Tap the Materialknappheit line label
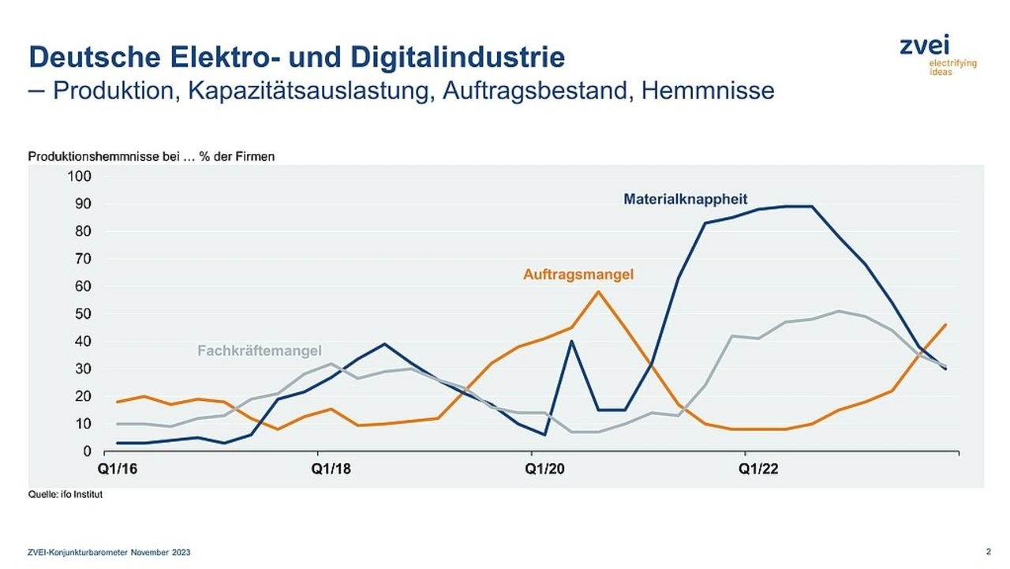coord(685,199)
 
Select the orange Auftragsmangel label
coord(578,275)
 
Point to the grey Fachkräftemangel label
coord(259,350)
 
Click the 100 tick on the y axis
coord(80,176)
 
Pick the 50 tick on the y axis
coord(84,314)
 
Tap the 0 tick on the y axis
coord(87,451)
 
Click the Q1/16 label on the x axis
coord(116,469)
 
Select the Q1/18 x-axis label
coord(330,469)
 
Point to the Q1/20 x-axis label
coord(544,469)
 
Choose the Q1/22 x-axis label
coord(757,469)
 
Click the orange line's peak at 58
coord(598,292)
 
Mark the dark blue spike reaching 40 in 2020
coord(571,341)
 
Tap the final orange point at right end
coord(945,324)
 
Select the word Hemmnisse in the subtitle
coord(707,91)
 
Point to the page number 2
coord(988,551)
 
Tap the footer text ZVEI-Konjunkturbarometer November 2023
coord(109,552)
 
